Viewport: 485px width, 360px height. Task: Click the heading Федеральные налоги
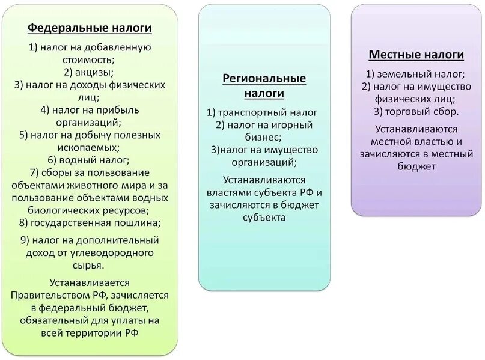(x=90, y=28)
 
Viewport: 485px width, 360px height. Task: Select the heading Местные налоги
(x=416, y=55)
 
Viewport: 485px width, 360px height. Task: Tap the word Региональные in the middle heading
(x=264, y=79)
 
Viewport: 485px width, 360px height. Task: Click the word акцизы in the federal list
(x=95, y=72)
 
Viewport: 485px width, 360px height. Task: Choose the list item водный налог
(x=88, y=160)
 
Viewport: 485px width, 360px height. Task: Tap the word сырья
(x=90, y=264)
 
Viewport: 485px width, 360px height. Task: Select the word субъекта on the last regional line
(x=264, y=217)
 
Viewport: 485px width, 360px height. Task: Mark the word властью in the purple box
(x=432, y=142)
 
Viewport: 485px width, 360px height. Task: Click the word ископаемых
(x=88, y=147)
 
